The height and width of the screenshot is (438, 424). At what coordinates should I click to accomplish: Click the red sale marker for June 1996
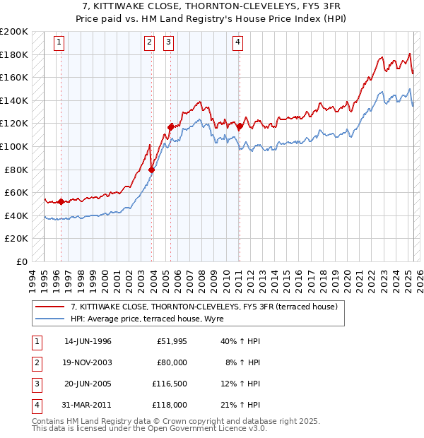pos(61,202)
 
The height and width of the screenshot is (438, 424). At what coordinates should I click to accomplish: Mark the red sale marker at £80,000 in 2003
pos(152,170)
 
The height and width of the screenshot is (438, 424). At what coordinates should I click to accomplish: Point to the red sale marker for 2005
pos(170,127)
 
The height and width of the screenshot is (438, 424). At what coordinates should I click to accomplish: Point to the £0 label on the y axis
pos(22,261)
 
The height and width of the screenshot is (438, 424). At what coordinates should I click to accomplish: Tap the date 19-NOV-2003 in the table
pos(88,362)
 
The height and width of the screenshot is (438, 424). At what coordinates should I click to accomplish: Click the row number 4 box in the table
pos(35,405)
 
